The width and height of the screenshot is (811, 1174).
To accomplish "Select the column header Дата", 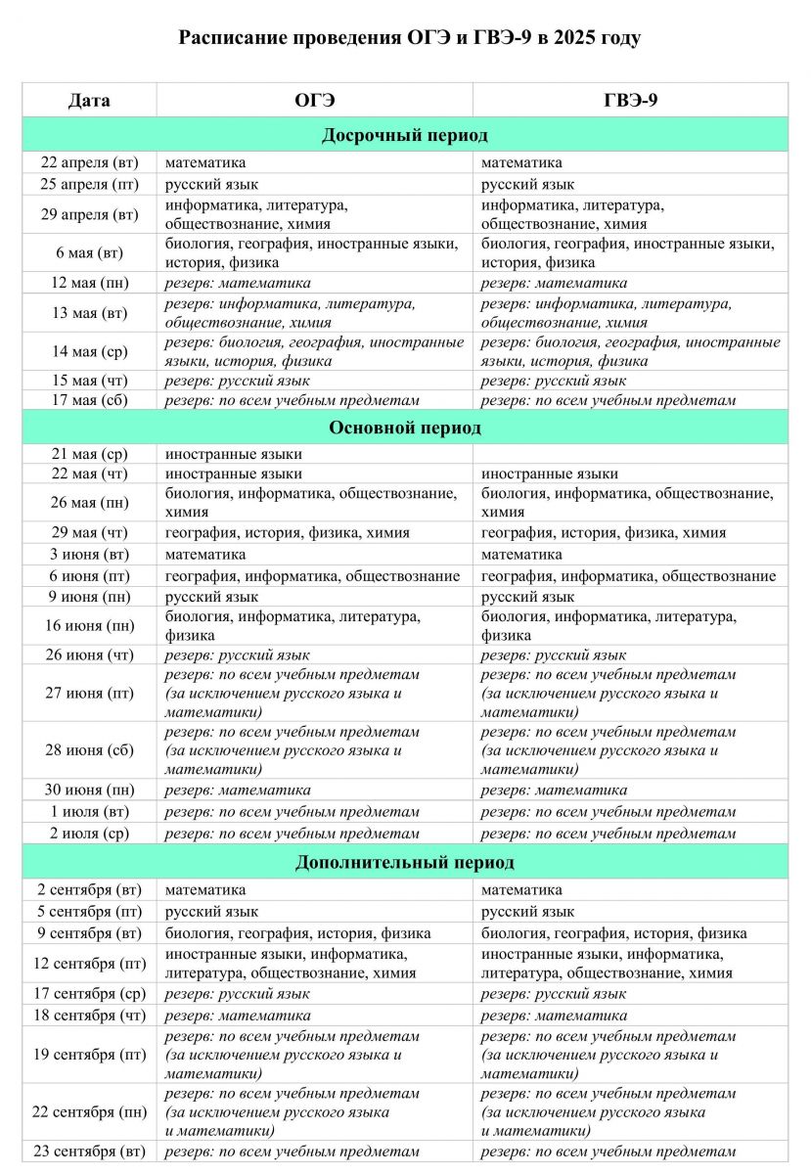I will [89, 100].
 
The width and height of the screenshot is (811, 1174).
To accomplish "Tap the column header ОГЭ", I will [314, 100].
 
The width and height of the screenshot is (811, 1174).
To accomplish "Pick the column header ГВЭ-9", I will [630, 100].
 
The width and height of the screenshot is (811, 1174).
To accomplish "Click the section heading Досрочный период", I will [405, 135].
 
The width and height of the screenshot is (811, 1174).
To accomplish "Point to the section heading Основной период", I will [405, 429].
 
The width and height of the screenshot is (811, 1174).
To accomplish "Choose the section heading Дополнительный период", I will [405, 863].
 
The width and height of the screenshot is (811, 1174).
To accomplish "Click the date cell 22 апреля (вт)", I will [89, 162].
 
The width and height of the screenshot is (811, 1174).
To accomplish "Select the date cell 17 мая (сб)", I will [89, 400].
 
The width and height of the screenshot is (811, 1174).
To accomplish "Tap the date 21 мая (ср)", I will [89, 454].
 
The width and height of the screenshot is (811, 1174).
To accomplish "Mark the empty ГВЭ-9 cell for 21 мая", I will [630, 454].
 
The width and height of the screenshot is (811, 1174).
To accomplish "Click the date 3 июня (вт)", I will [89, 555].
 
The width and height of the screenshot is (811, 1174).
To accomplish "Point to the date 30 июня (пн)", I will [89, 790].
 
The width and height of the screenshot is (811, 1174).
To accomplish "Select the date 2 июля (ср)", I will [89, 834].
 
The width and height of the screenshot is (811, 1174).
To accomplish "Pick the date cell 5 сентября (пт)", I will [89, 912].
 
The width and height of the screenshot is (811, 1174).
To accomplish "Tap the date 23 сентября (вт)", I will [89, 1151].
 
